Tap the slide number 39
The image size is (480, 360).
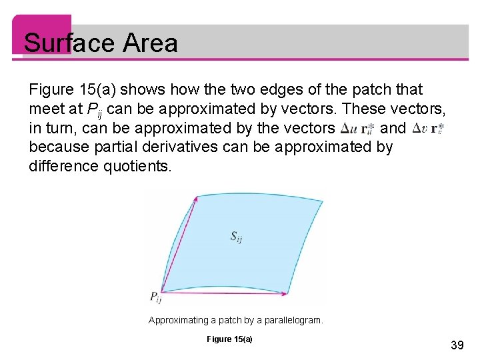457,345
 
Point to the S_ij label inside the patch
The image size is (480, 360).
236,236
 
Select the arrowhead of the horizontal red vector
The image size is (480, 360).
285,293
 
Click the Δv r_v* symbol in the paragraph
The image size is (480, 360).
427,128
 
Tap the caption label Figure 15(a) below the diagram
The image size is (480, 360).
229,339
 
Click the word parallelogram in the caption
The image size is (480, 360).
291,321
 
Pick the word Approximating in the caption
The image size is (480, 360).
177,321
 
